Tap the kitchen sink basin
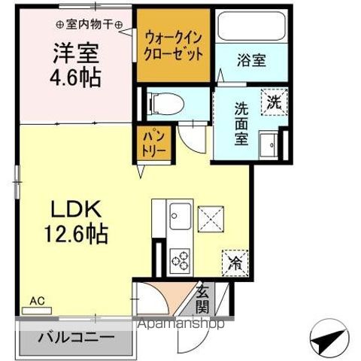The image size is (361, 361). click(x=180, y=219)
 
